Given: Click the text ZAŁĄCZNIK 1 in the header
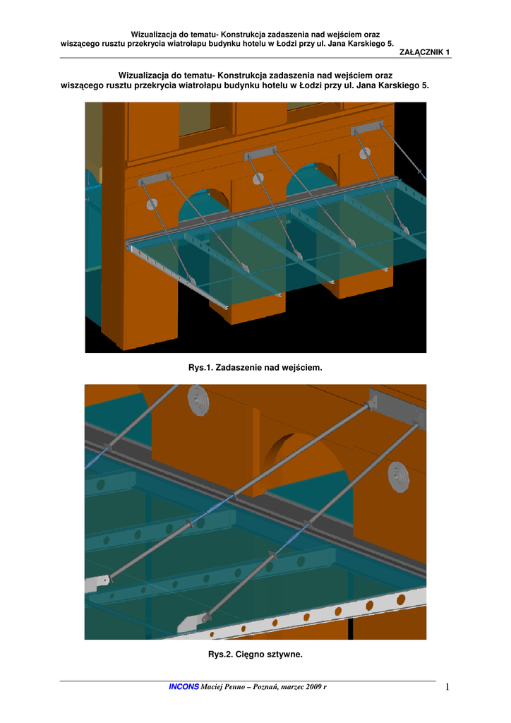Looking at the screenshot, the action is [x=424, y=52].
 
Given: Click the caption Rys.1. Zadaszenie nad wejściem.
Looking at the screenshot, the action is [x=255, y=367].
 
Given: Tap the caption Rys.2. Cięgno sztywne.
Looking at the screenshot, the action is [x=255, y=655].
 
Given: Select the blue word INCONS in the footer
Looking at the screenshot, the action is [x=184, y=686].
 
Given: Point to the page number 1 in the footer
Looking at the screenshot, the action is [x=447, y=687].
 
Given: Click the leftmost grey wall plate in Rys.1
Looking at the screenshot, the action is [x=154, y=179].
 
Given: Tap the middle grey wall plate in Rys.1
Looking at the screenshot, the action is [x=260, y=153].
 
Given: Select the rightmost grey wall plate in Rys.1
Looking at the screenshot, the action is [x=367, y=127].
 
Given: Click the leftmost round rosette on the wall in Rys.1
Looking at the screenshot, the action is [x=152, y=204].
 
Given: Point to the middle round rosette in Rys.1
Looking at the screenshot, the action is [x=258, y=178].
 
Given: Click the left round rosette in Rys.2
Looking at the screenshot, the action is [x=198, y=399].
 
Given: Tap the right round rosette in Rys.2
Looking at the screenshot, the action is [x=398, y=477].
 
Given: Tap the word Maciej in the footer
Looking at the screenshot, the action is [x=211, y=686].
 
